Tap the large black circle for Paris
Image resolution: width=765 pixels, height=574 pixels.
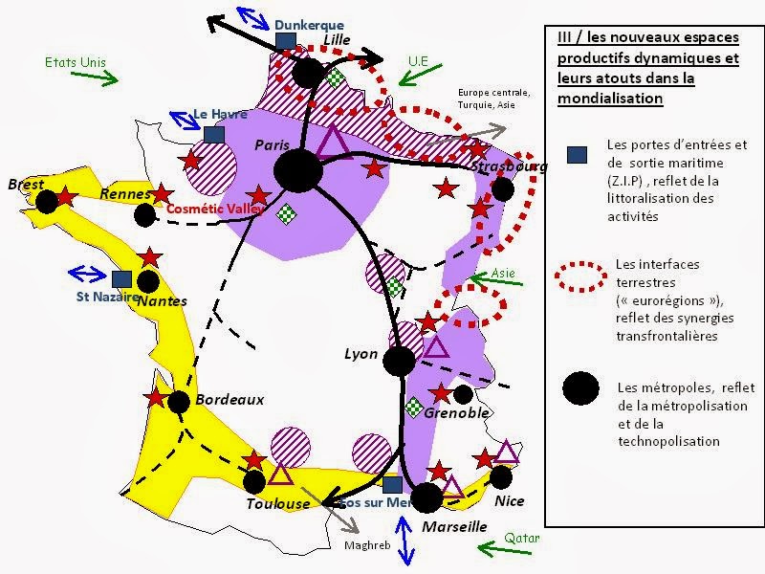[x=297, y=170]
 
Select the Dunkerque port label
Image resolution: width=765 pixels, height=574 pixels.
[x=309, y=25]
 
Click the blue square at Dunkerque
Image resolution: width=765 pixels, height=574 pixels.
[x=285, y=41]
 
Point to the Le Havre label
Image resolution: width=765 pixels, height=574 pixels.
[x=220, y=113]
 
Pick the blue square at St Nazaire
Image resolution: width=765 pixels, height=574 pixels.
[x=120, y=278]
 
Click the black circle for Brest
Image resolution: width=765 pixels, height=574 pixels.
[x=47, y=201]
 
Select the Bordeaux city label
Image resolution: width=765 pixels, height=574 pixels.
[x=229, y=399]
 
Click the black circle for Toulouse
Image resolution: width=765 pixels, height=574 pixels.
[x=254, y=481]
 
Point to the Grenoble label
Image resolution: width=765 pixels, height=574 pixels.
[x=456, y=413]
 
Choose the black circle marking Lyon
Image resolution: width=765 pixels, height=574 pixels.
[x=399, y=361]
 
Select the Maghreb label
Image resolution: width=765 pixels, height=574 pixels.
[x=363, y=545]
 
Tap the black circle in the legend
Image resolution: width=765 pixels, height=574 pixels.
[x=580, y=387]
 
